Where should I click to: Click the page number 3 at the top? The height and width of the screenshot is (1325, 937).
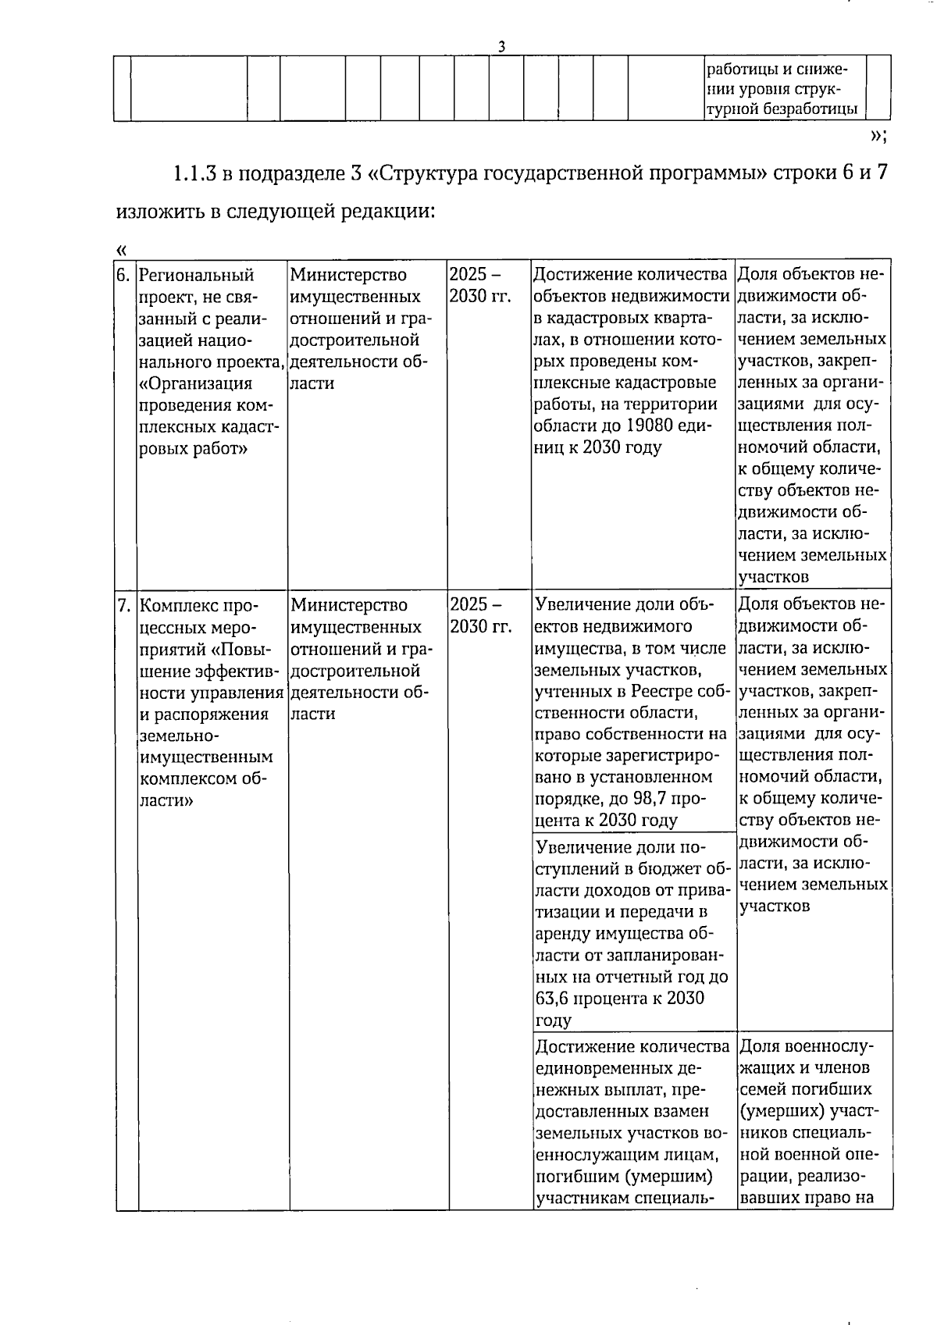click(x=501, y=47)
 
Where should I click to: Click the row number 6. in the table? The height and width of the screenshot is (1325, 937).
click(x=123, y=276)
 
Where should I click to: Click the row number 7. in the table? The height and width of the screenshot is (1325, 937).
click(x=123, y=606)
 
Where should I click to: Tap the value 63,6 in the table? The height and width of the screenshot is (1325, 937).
click(x=554, y=999)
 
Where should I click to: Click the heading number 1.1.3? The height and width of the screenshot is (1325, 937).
click(x=194, y=173)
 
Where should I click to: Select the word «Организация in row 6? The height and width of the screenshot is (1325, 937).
click(x=195, y=383)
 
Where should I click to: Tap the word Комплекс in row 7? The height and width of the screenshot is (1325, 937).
click(x=179, y=606)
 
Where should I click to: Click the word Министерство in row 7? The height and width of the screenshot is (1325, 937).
click(x=348, y=606)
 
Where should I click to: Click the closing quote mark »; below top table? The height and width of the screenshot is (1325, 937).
click(x=878, y=136)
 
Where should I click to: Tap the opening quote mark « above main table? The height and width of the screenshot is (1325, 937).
click(x=121, y=250)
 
